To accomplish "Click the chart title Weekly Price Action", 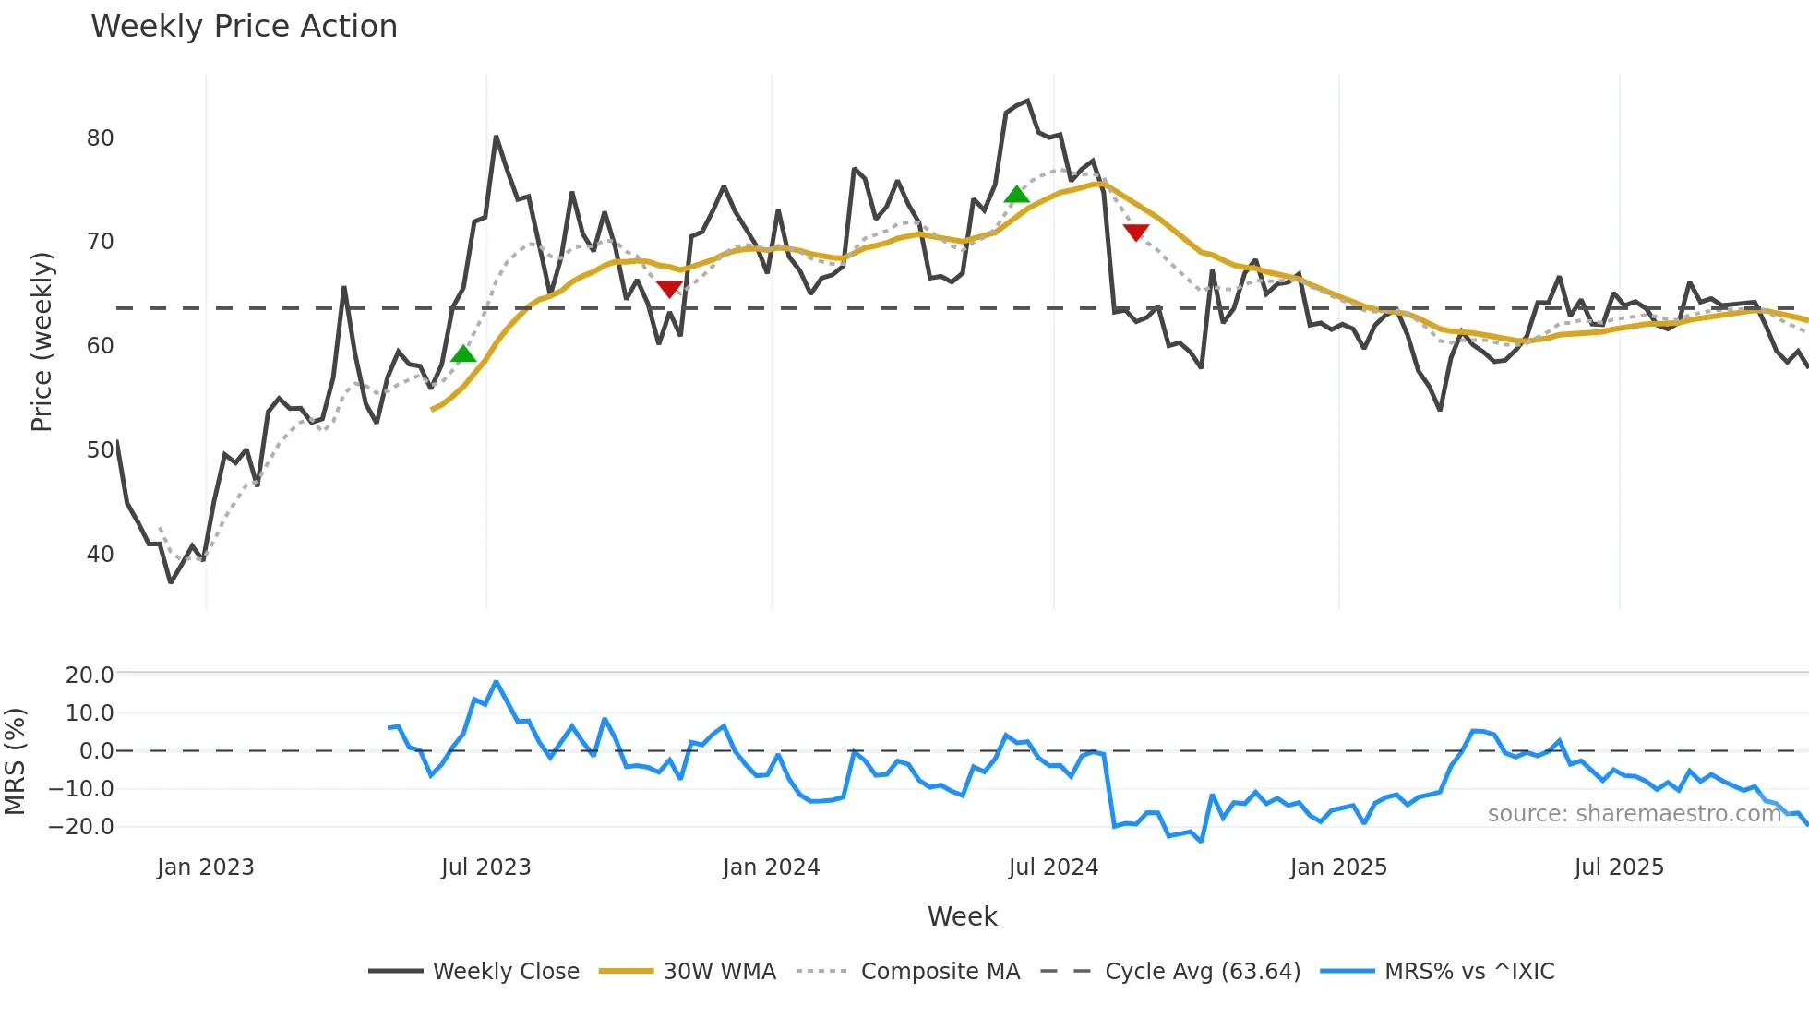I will tap(244, 27).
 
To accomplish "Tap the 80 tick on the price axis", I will tap(100, 138).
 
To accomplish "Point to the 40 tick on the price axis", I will tap(100, 555).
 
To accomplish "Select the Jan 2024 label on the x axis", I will tap(771, 867).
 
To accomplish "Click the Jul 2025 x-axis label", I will tap(1619, 867).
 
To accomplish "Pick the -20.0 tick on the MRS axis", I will tap(81, 827).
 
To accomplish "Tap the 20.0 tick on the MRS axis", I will tap(89, 676).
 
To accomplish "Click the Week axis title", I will tap(962, 916).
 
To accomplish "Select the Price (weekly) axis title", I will tap(42, 341).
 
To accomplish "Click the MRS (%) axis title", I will tap(16, 761).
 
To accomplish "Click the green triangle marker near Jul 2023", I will tap(463, 354).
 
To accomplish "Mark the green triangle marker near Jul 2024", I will tap(1016, 195).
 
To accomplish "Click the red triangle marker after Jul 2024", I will tap(1136, 232).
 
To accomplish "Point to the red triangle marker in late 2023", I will tap(669, 289).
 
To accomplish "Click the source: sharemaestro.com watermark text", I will tap(1634, 814).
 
